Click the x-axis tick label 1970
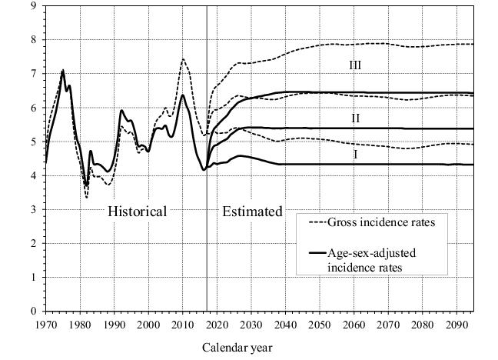tap(46, 324)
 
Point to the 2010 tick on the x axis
tap(183, 324)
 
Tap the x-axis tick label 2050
tap(319, 324)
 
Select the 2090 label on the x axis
tap(456, 324)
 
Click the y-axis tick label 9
tap(33, 6)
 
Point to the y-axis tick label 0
tap(33, 311)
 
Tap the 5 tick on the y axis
tap(33, 142)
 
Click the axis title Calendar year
tap(237, 348)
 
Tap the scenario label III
tap(354, 66)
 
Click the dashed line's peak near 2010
tap(183, 59)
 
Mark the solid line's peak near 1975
tap(63, 71)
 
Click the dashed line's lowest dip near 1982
tap(87, 198)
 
